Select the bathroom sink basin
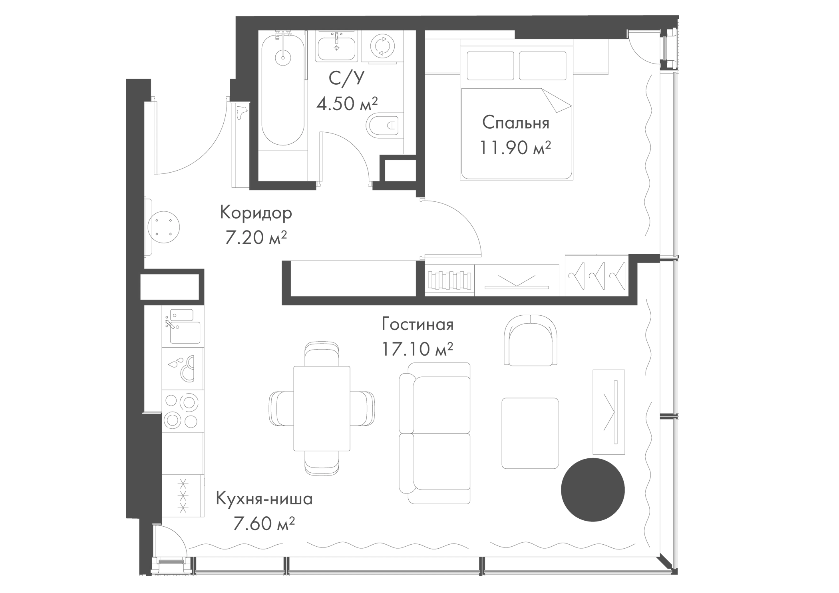(x=336, y=47)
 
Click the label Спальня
(x=515, y=123)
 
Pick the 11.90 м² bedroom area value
(x=515, y=148)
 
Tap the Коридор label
(x=256, y=213)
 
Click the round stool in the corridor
(x=163, y=227)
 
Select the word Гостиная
(x=418, y=324)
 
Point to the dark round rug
(x=592, y=490)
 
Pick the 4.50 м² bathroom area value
(x=347, y=104)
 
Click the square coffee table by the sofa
(x=530, y=433)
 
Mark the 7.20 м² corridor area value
(x=256, y=239)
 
